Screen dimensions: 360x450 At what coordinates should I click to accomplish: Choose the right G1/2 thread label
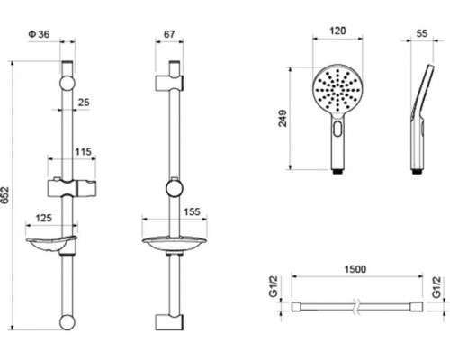point(436,290)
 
